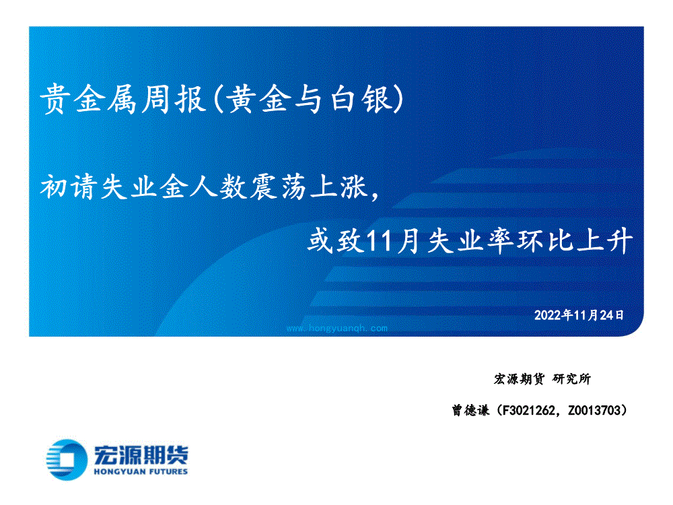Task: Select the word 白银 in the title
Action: pos(362,99)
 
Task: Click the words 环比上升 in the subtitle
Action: pos(575,240)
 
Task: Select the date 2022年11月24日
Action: pos(579,315)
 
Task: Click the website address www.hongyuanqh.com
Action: pos(337,329)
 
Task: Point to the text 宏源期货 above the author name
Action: pos(519,378)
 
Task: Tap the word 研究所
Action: pos(571,378)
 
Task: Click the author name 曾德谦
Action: pos(470,411)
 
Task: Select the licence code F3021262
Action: pos(528,411)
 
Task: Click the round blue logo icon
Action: pos(67,459)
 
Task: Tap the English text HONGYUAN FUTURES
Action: pos(141,471)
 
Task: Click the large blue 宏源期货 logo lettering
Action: pos(141,455)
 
